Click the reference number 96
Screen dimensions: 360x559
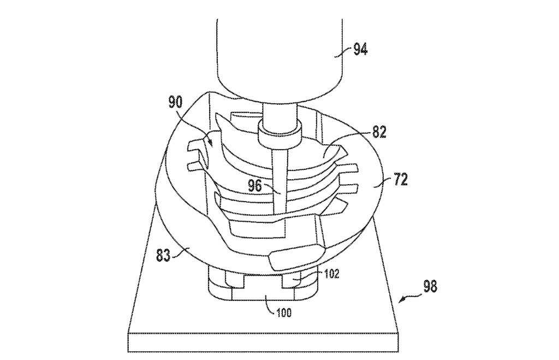coord(254,185)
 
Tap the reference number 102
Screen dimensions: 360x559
coord(330,274)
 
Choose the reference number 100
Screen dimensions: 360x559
coord(283,314)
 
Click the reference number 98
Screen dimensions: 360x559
coord(430,286)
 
